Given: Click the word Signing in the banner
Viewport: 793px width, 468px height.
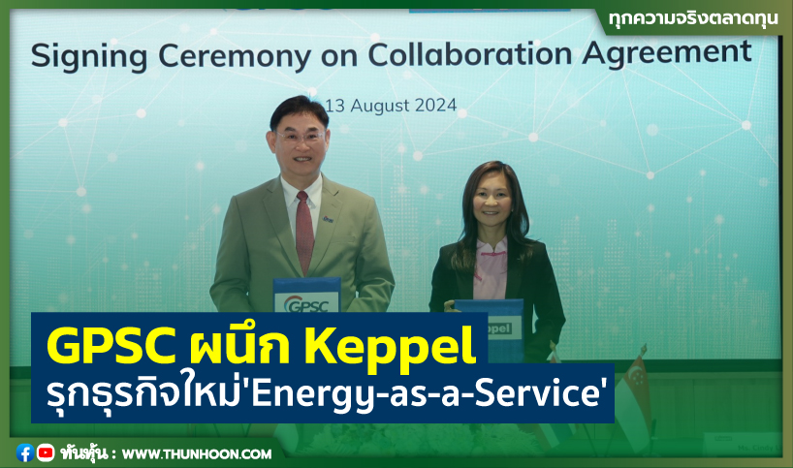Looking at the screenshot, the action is point(89,56).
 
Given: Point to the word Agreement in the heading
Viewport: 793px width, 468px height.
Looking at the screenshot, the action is point(667,52).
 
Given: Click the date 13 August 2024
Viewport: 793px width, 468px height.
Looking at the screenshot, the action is point(391,106).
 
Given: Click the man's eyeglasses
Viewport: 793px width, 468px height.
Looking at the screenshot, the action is point(301,136).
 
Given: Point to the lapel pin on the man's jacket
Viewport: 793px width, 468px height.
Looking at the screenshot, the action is point(329,219).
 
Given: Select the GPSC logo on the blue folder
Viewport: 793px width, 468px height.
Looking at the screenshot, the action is point(307,304).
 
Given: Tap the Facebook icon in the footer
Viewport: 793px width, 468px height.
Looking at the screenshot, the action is point(25,452).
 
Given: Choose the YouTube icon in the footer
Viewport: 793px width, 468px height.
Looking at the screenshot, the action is point(46,452).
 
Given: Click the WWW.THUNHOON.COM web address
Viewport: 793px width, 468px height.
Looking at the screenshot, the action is point(197,454).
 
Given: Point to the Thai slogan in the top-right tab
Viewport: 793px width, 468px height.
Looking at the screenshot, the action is point(693,19).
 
